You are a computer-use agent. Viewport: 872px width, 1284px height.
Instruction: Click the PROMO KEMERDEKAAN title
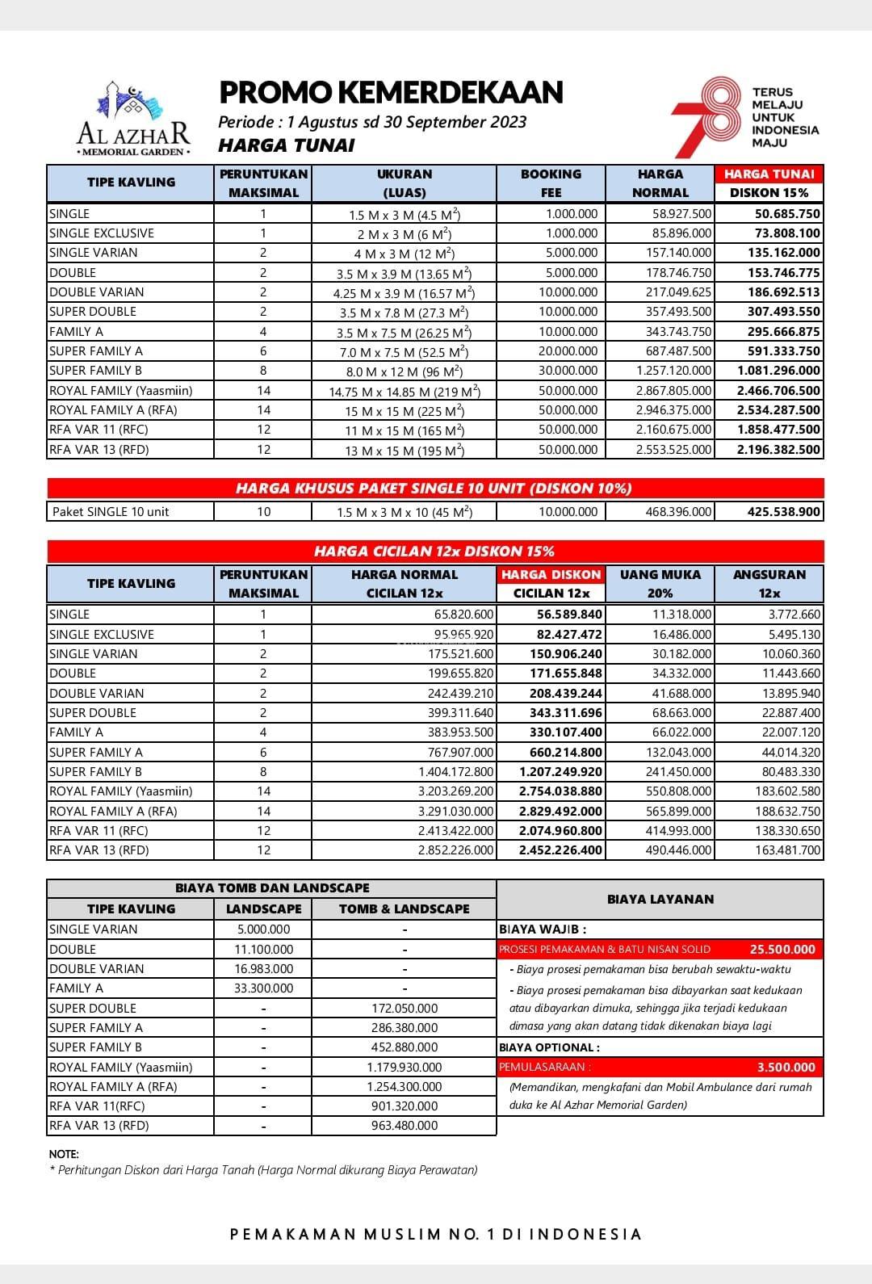click(391, 93)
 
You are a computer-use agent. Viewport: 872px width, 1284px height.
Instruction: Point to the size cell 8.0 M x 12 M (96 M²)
click(404, 371)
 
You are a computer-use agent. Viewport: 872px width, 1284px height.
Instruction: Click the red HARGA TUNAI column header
click(769, 174)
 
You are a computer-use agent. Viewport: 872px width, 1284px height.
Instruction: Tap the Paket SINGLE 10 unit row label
click(111, 512)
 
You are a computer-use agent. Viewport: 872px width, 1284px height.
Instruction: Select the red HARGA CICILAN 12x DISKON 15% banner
click(434, 552)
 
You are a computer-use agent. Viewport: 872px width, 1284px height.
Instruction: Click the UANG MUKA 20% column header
click(660, 583)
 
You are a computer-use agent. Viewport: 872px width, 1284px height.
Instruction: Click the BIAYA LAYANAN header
click(660, 900)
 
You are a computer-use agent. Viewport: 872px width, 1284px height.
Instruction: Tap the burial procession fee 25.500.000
click(782, 950)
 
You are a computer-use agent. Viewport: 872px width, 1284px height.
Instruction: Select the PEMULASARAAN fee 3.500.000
click(786, 1068)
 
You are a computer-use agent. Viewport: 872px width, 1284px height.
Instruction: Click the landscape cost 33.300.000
click(263, 988)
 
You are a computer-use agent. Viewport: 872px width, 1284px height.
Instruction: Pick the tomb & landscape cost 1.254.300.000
click(404, 1087)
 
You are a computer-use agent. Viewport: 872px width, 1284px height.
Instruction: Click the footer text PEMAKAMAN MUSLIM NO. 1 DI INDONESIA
click(436, 1235)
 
